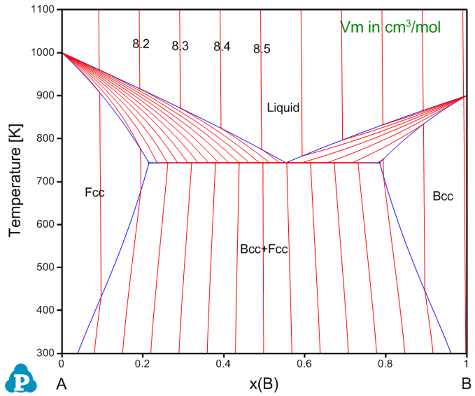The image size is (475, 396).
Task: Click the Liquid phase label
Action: pyautogui.click(x=283, y=108)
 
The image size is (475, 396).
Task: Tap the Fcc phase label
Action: pyautogui.click(x=94, y=192)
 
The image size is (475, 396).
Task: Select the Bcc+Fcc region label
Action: pyautogui.click(x=264, y=249)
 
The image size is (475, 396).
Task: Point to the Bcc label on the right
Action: pyautogui.click(x=443, y=196)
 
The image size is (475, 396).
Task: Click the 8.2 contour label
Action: pyautogui.click(x=141, y=44)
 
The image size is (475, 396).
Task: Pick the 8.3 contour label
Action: pyautogui.click(x=180, y=46)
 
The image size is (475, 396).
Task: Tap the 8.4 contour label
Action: pyautogui.click(x=222, y=46)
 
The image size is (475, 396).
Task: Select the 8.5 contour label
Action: pyautogui.click(x=262, y=49)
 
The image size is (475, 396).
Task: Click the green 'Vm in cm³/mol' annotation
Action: pyautogui.click(x=390, y=27)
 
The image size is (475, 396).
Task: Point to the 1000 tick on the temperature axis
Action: pyautogui.click(x=43, y=52)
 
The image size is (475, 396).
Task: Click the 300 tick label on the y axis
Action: pyautogui.click(x=45, y=353)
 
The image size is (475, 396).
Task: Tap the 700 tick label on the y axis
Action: pyautogui.click(x=45, y=182)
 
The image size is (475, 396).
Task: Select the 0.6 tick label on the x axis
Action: pyautogui.click(x=304, y=364)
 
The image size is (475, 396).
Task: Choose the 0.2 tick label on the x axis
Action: pyautogui.click(x=142, y=364)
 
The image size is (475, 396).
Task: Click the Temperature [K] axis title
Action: pyautogui.click(x=15, y=180)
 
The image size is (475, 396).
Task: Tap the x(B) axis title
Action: pyautogui.click(x=264, y=384)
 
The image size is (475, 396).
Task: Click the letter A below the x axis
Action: pyautogui.click(x=61, y=384)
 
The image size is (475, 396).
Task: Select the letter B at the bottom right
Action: pyautogui.click(x=466, y=384)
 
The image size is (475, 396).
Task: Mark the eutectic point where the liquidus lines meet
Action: pyautogui.click(x=286, y=162)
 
